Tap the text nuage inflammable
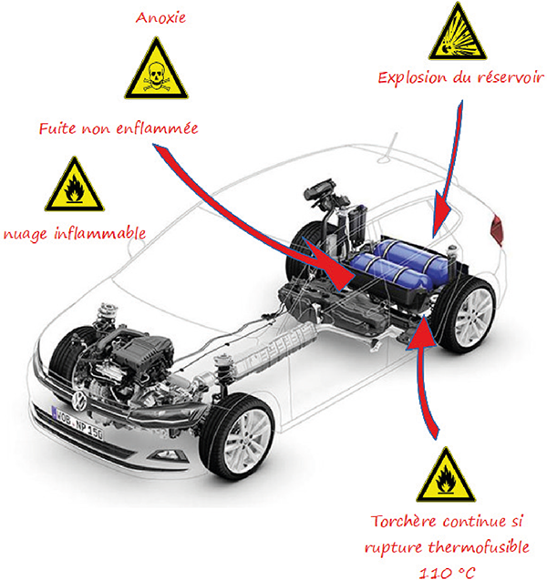click(x=77, y=234)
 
